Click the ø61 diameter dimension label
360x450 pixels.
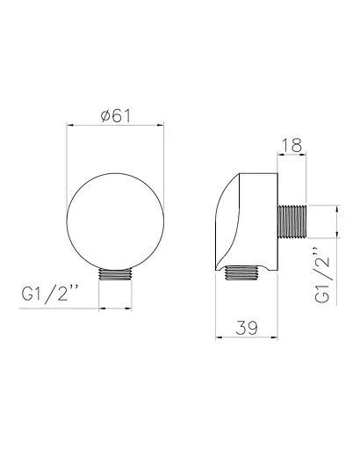coord(115,116)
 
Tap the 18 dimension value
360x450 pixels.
coord(292,145)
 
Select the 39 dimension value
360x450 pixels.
coord(247,328)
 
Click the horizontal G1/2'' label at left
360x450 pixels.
coord(50,294)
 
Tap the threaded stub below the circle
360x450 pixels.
coord(116,274)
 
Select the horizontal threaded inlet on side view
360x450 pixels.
coord(292,221)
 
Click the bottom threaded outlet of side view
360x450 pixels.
coord(242,272)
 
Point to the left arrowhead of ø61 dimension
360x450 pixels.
coord(69,126)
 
